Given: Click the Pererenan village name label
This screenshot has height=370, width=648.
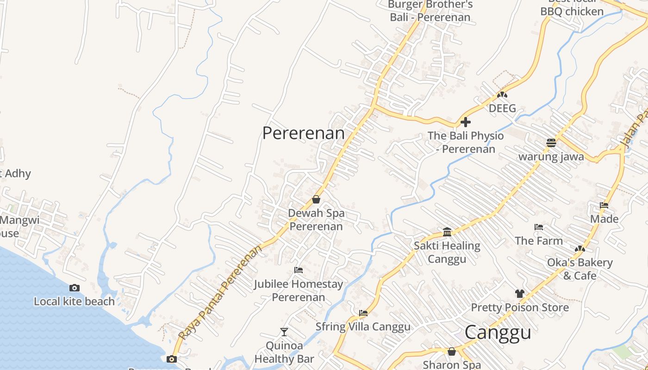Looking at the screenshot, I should click(304, 133).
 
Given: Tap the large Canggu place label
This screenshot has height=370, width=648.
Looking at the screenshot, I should click(498, 333).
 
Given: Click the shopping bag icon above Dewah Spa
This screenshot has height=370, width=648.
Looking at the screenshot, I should click(316, 199).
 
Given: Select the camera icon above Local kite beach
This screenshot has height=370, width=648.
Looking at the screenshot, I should click(74, 288).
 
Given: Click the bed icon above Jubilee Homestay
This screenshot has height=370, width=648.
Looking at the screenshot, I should click(299, 270).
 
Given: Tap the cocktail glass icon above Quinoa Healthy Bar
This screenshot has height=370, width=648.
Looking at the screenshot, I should click(284, 332).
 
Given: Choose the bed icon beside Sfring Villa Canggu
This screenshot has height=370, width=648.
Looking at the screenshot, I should click(363, 313).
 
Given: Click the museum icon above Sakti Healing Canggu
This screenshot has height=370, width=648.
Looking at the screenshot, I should click(447, 232).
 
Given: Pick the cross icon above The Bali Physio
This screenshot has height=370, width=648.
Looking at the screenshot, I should click(466, 122).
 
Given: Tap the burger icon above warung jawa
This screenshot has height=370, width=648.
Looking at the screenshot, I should click(551, 142).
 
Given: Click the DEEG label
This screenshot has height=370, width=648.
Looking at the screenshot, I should click(502, 109).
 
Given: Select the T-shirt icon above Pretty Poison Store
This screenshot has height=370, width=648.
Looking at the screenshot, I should click(520, 293).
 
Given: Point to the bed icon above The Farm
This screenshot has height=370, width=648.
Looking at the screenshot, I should click(539, 227).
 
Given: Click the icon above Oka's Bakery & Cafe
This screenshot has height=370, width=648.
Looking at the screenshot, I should click(579, 249).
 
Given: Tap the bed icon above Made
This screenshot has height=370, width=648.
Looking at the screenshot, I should click(604, 205).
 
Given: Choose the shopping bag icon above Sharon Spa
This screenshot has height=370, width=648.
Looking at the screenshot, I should click(452, 352).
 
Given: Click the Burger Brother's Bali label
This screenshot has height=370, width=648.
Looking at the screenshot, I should click(430, 11).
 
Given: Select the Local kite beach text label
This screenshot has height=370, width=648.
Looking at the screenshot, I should click(74, 302).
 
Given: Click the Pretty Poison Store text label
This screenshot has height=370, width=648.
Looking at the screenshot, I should click(520, 308).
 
